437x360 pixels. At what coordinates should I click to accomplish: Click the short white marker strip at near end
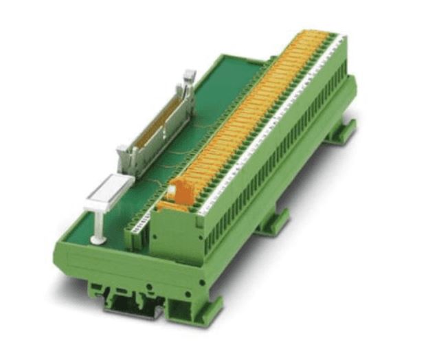[x=139, y=225]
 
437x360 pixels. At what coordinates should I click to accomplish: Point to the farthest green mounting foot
[x=341, y=131]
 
